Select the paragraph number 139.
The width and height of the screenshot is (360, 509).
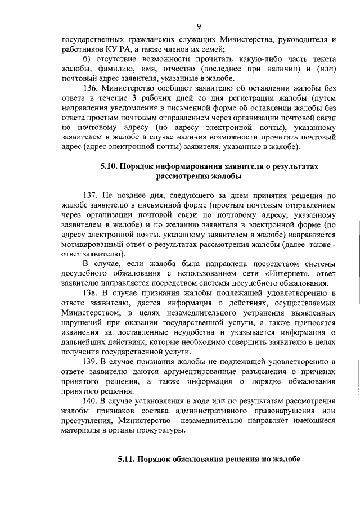[x=91, y=361]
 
